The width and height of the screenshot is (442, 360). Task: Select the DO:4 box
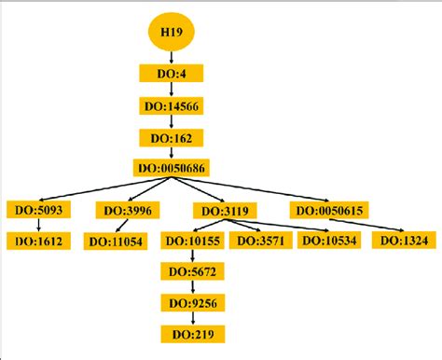coord(169,73)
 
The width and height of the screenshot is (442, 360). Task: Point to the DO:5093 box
coord(36,211)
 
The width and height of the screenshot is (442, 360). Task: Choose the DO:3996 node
coord(128,211)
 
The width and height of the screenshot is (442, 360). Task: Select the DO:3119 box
coord(220,211)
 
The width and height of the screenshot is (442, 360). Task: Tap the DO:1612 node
coord(36,242)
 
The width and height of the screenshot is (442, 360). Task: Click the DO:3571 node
coord(260,242)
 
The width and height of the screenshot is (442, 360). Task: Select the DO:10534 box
coord(328,242)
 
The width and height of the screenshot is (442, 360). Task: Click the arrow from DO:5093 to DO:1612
coord(36,226)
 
